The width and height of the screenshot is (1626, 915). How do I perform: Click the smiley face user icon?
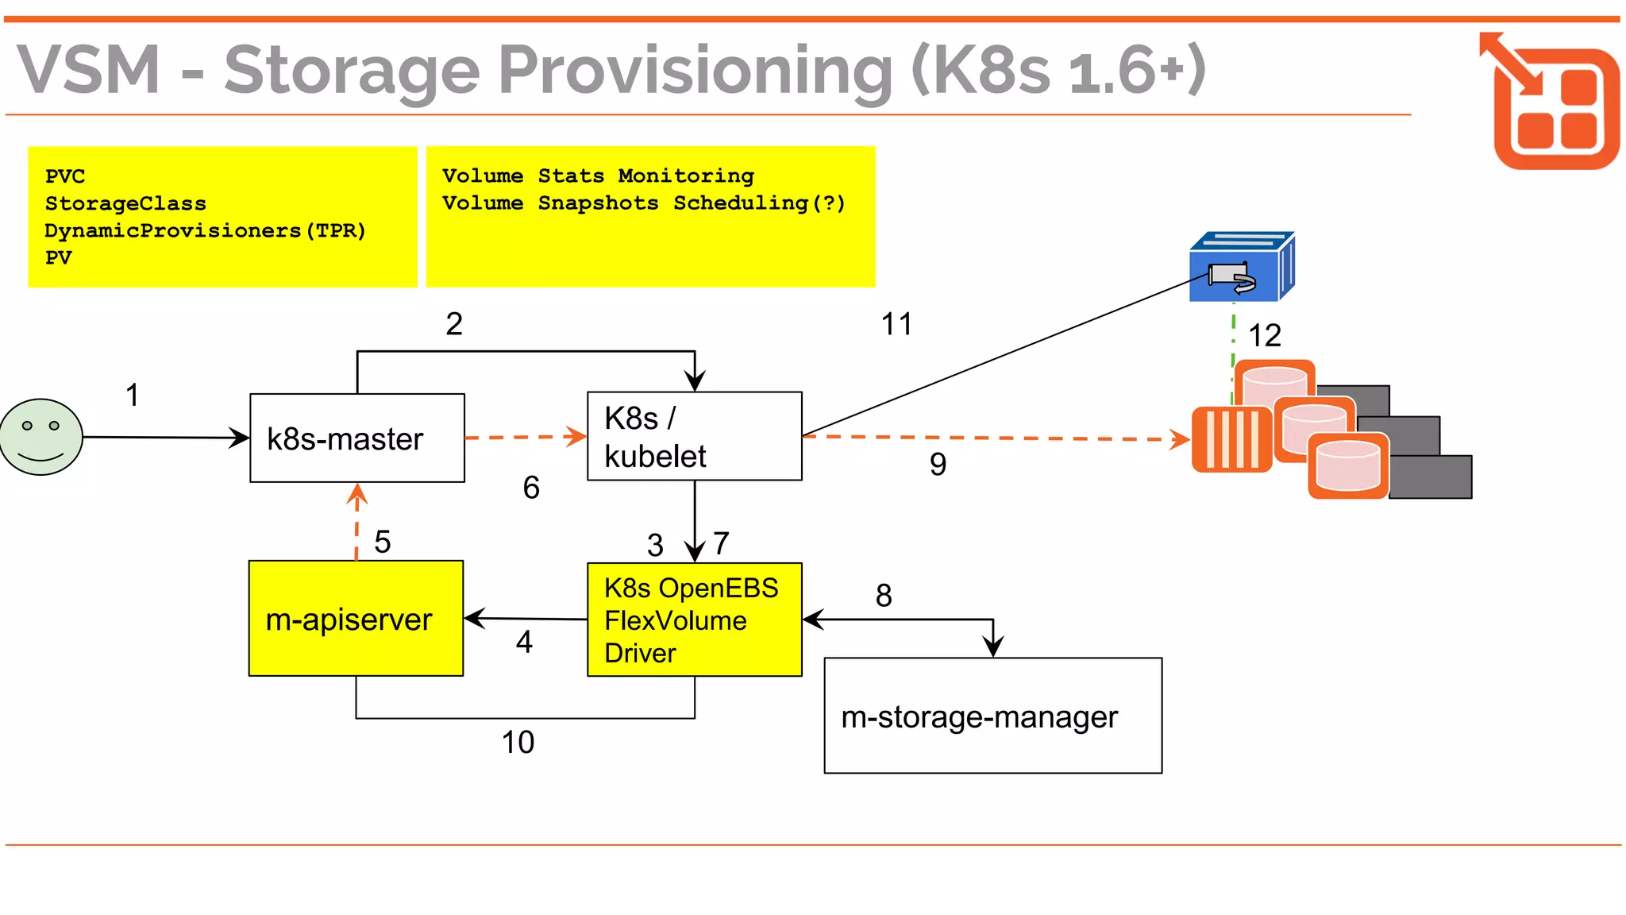[41, 437]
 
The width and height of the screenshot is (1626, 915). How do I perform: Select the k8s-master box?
[357, 438]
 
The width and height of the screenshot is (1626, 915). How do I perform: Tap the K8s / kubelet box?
[694, 436]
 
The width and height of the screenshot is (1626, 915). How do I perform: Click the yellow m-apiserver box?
[356, 619]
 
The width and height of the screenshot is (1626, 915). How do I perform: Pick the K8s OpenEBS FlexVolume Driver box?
[694, 620]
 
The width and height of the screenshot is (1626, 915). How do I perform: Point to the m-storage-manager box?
[992, 716]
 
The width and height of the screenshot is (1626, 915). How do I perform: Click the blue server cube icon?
[1241, 268]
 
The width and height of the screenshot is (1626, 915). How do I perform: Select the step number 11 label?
[896, 324]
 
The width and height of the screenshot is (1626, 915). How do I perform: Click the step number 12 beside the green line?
[1265, 335]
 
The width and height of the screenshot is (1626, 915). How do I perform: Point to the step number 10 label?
[518, 743]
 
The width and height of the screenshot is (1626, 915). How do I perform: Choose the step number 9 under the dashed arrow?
[938, 464]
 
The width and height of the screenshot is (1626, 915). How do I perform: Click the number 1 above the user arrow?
[133, 395]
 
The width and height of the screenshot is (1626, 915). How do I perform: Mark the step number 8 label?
[884, 596]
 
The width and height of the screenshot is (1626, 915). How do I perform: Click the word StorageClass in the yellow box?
[125, 204]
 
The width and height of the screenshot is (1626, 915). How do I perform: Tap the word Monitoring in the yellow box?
[686, 176]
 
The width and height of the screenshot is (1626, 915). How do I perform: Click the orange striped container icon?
[1231, 439]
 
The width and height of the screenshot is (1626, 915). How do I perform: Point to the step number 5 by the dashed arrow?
[382, 542]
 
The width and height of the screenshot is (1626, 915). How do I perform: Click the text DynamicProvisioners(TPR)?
[205, 231]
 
